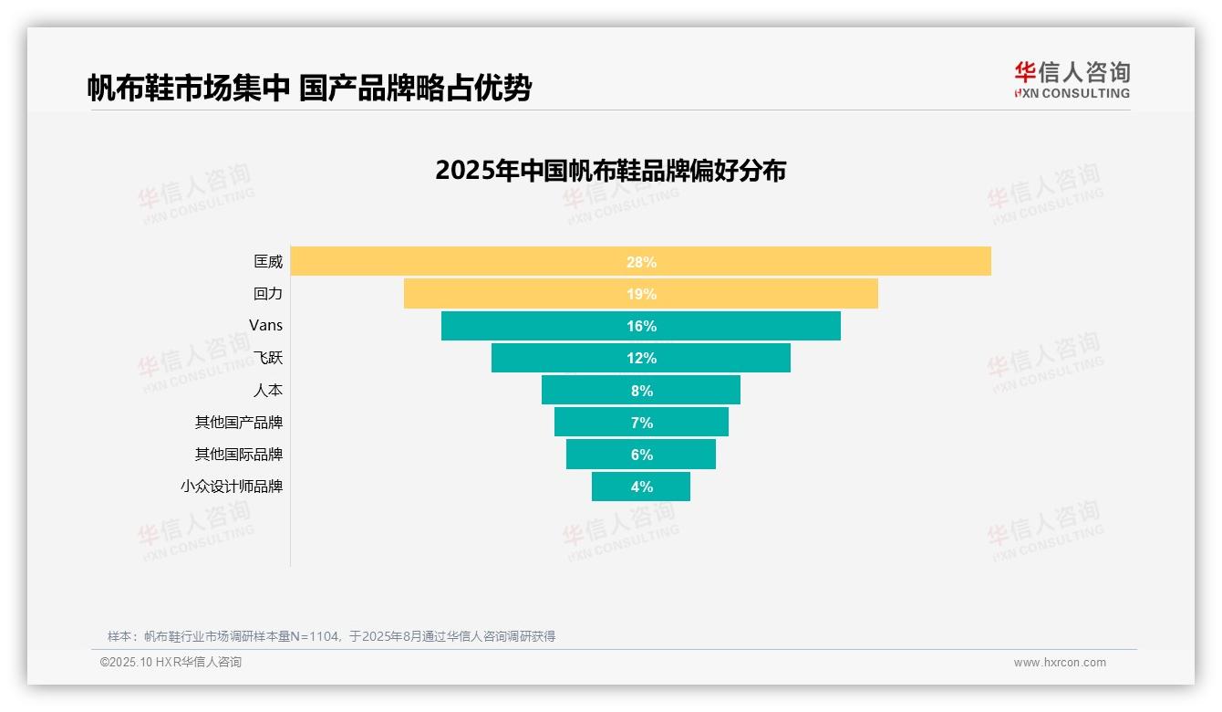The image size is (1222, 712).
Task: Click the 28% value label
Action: [641, 262]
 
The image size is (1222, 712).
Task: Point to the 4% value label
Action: [641, 487]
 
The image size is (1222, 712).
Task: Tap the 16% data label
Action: [641, 326]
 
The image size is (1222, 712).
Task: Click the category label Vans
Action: [265, 325]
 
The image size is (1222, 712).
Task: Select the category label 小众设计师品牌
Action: [232, 486]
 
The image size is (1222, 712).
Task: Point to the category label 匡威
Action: [268, 261]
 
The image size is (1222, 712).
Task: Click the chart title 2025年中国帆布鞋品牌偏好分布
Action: [610, 171]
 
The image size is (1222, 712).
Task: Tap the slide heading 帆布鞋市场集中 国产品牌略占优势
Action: [309, 88]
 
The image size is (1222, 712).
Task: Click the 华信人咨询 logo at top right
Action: [1072, 79]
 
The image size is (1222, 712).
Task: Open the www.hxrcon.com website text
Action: [1059, 663]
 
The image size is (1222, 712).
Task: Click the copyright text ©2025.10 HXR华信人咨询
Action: [171, 663]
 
